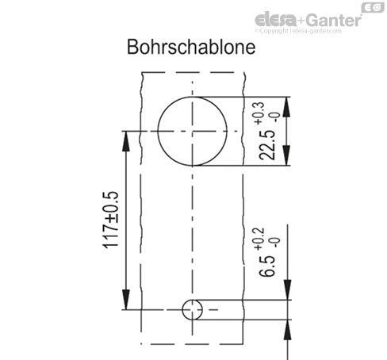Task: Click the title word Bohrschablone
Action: pos(191,48)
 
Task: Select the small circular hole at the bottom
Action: pos(190,309)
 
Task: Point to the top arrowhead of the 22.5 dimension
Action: pos(286,102)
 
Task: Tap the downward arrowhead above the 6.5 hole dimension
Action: pos(286,295)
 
